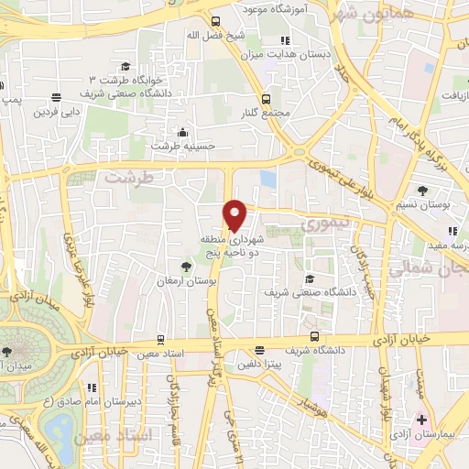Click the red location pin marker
click(235, 215)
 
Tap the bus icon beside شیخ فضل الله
click(215, 23)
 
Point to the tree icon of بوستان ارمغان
click(187, 266)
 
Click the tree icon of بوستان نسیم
click(422, 191)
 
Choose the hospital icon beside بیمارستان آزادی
click(420, 420)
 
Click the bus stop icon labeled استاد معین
click(161, 338)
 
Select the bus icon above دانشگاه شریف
click(314, 335)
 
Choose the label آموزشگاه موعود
click(275, 7)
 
